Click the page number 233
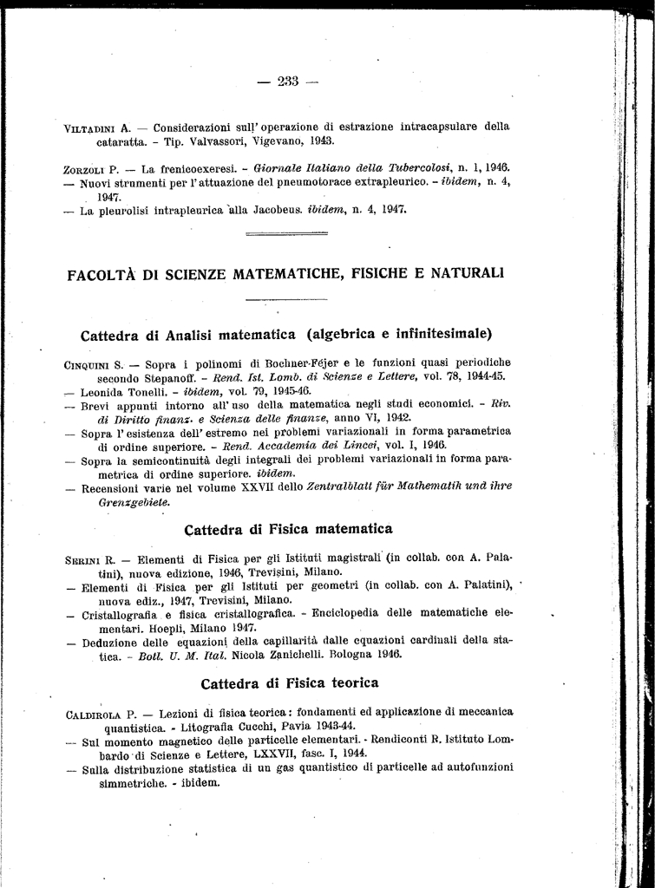(x=288, y=82)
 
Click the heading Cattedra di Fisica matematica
(x=289, y=529)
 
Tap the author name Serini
(x=85, y=558)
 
